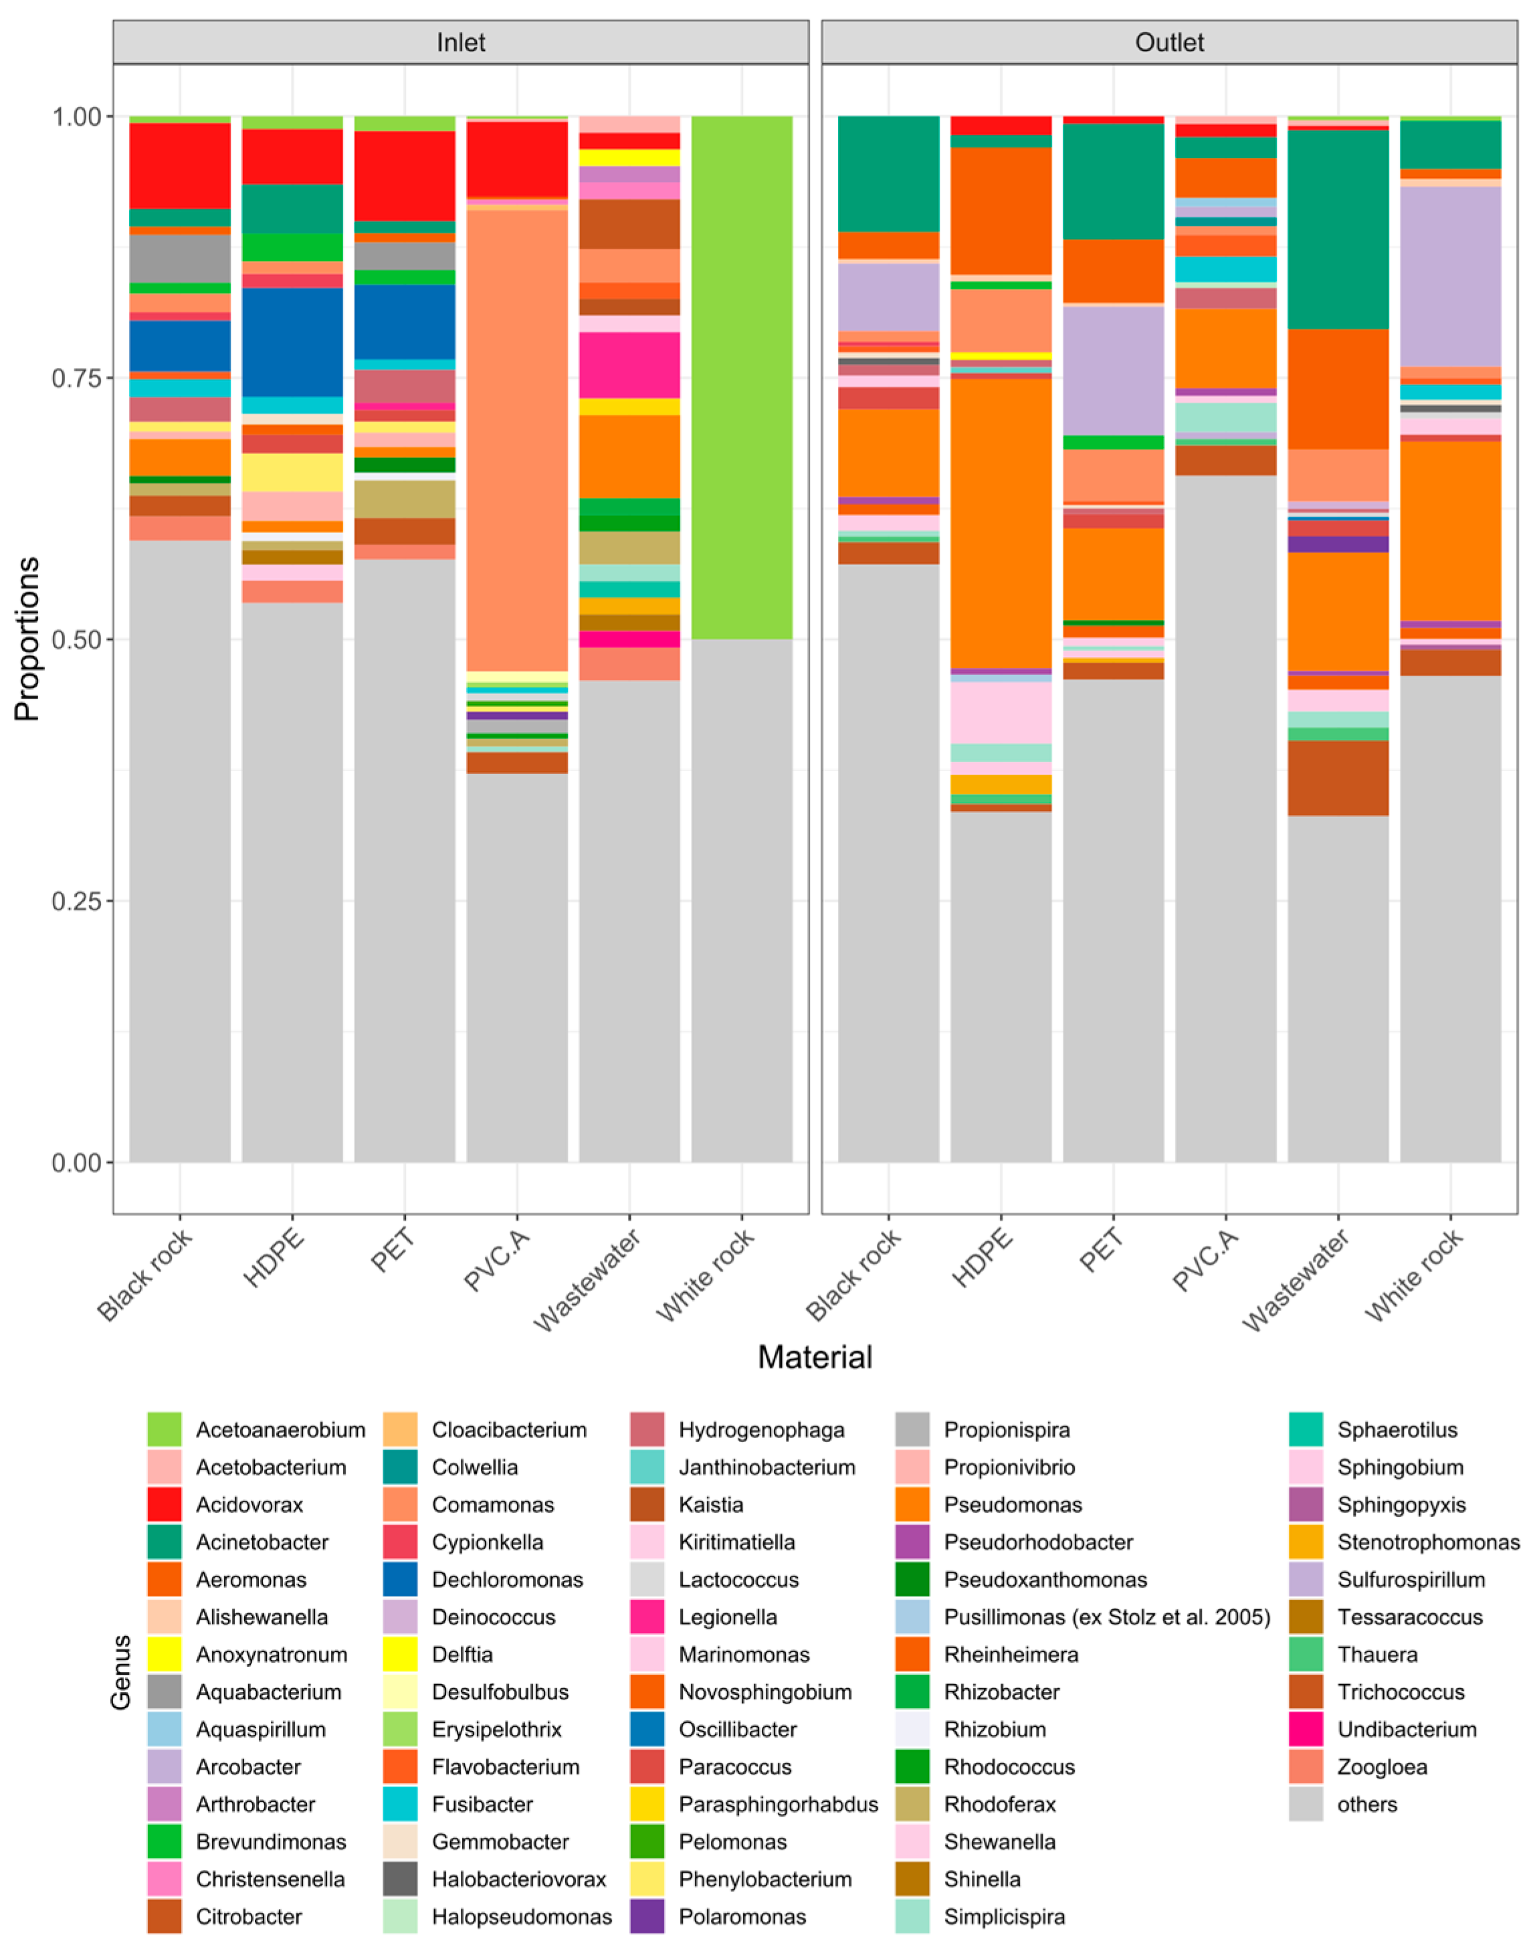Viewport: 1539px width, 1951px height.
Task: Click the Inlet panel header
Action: [x=460, y=42]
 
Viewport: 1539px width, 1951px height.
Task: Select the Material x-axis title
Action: [x=815, y=1357]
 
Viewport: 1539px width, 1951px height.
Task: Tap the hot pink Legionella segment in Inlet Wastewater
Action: [x=629, y=365]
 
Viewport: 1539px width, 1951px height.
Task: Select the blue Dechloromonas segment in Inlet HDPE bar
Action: [x=292, y=342]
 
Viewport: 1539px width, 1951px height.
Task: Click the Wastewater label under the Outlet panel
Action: [x=1298, y=1279]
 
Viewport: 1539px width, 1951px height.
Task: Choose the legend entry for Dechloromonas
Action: [x=507, y=1579]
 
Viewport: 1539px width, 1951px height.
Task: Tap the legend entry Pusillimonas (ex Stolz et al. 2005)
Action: [x=1106, y=1617]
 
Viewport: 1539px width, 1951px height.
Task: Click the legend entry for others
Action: [x=1367, y=1803]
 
